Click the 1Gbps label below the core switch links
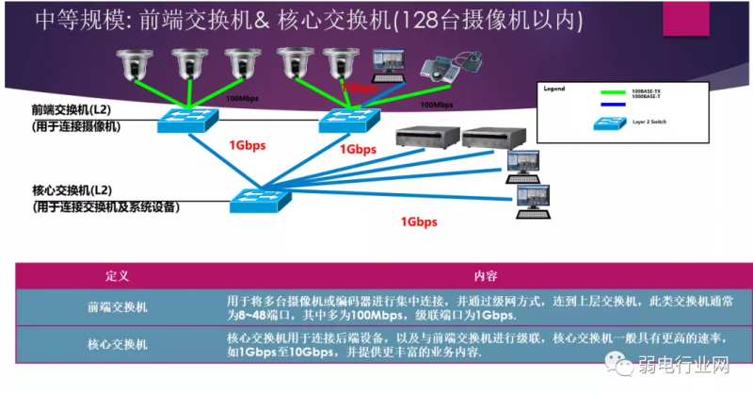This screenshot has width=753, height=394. point(418,222)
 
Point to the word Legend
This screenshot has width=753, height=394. point(555,88)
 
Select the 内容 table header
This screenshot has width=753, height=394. point(486,276)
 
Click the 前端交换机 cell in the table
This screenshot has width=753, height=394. point(117,306)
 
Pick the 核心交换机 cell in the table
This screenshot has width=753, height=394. point(117,345)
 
